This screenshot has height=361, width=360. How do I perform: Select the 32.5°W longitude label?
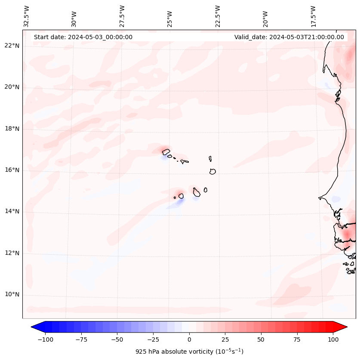[27, 16]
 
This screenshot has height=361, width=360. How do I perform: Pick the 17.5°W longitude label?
[314, 16]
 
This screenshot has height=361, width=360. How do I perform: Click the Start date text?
[83, 37]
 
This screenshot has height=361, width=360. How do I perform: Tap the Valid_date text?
[289, 37]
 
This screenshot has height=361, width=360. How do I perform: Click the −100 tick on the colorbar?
[45, 339]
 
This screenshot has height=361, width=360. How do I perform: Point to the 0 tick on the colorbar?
[189, 339]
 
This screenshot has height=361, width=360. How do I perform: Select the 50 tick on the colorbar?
[261, 339]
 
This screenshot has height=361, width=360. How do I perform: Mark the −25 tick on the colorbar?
[153, 339]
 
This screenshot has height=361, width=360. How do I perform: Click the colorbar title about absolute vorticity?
[189, 352]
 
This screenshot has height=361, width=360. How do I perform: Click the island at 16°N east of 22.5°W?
[212, 171]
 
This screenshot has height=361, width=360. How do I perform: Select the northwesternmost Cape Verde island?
[166, 151]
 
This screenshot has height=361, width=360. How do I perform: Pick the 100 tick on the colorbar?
[333, 339]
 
